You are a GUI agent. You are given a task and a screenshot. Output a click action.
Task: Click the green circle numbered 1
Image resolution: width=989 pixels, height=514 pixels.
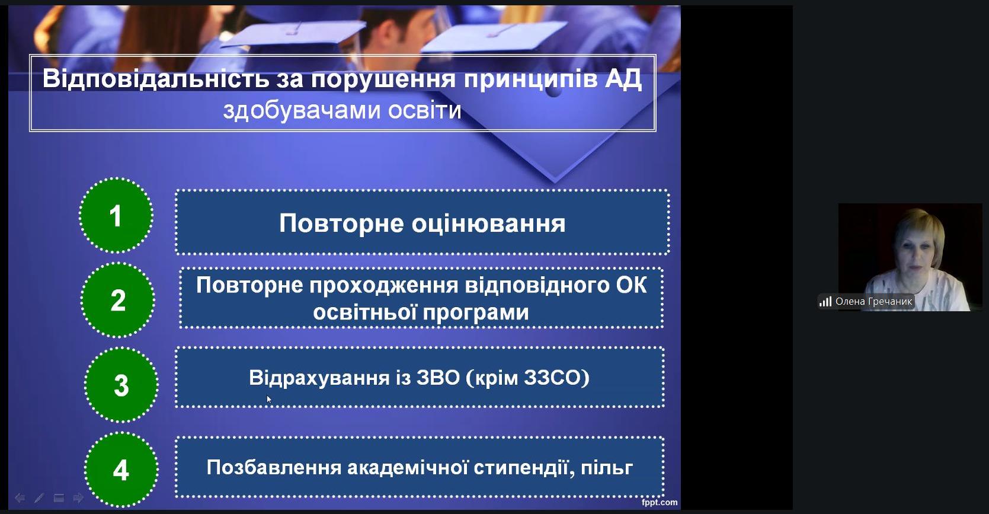coord(116,215)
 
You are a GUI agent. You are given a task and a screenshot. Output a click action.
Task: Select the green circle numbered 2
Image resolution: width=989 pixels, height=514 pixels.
coord(118,300)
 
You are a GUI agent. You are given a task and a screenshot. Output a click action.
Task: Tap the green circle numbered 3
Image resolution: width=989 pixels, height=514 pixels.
coord(121,385)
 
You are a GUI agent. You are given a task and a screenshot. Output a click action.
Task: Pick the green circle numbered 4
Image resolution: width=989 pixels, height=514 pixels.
coord(121,470)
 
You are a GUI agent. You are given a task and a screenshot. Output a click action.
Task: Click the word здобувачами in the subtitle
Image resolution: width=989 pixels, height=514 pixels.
coord(302,110)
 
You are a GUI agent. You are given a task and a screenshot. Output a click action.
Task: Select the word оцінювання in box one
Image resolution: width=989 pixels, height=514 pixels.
coord(488,224)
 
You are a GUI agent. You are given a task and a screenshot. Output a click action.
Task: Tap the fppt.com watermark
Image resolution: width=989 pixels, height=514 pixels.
coord(660,502)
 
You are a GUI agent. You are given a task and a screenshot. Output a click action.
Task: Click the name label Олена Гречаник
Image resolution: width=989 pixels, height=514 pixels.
coord(874,302)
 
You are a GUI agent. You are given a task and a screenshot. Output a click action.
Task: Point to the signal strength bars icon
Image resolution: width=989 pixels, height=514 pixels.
coord(825,302)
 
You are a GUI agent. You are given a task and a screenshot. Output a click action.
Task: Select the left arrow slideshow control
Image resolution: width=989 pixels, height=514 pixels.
coord(20,498)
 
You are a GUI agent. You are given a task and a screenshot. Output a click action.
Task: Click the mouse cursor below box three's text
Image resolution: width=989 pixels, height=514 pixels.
coord(269,399)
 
